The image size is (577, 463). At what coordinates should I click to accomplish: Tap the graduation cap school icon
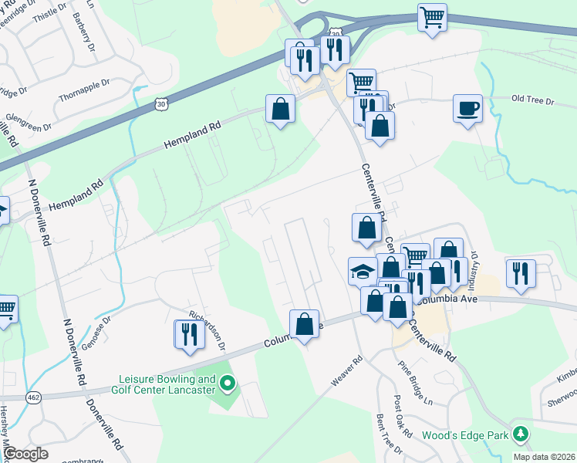(361, 271)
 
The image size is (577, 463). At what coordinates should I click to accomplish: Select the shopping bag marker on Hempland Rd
(280, 110)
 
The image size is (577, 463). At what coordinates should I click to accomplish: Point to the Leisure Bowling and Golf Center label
(167, 384)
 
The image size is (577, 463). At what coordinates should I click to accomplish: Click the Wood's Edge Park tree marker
(521, 434)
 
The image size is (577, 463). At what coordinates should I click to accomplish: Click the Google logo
(26, 454)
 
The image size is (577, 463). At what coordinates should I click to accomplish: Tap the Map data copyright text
(545, 457)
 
